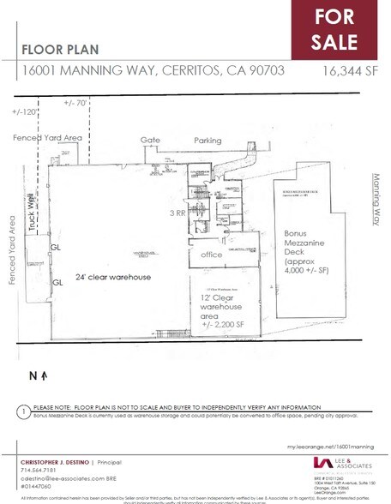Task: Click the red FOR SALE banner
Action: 340,29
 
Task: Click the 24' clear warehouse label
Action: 107,278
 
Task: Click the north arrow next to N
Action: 42,351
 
